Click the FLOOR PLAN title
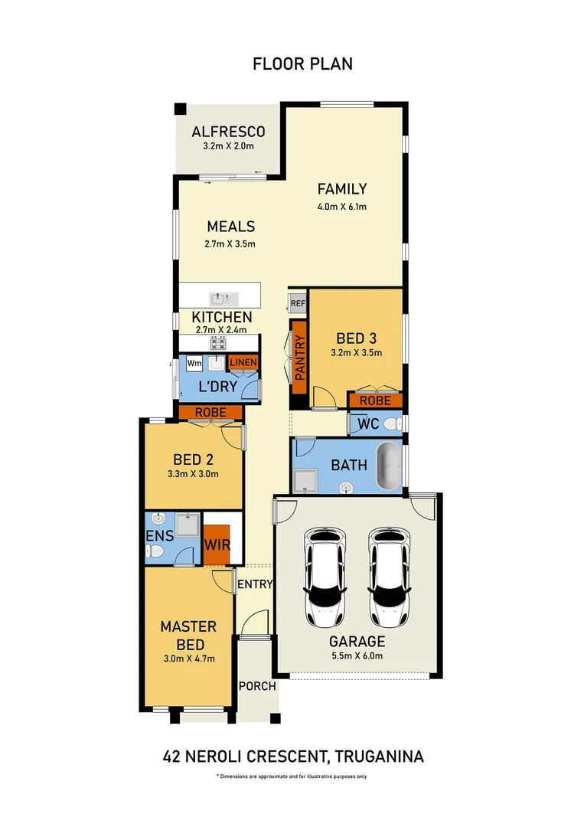[x=302, y=64]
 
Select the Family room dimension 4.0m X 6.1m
[x=342, y=207]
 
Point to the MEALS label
[x=230, y=227]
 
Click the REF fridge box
[x=298, y=304]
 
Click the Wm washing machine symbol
[x=194, y=362]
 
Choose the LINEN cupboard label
[x=243, y=362]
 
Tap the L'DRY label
[x=218, y=387]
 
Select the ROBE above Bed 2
[x=210, y=413]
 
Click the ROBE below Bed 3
[x=375, y=400]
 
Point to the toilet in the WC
[x=391, y=423]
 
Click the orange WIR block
[x=217, y=545]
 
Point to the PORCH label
[x=257, y=686]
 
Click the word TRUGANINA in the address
[x=379, y=757]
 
